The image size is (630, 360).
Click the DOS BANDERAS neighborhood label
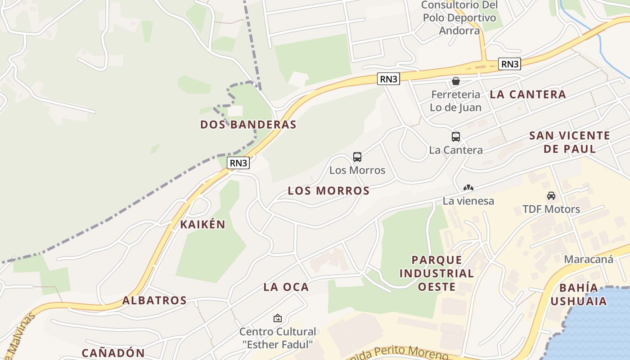(248, 125)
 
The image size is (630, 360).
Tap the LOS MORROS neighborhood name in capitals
(328, 191)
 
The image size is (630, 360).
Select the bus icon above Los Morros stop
(357, 157)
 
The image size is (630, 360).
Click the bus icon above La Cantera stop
(456, 137)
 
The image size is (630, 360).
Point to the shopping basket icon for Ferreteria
(456, 81)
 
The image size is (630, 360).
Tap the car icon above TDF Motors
(551, 196)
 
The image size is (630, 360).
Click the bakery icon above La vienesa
(468, 188)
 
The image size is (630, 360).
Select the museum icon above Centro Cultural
(278, 319)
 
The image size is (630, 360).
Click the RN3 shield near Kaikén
(238, 163)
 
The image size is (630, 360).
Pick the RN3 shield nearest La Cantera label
(509, 64)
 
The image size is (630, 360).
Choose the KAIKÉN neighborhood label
(202, 225)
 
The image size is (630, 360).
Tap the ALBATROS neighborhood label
(154, 301)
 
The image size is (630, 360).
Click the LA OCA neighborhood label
(286, 287)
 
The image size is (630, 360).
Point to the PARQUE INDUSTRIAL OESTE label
(436, 273)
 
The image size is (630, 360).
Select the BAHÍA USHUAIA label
(579, 294)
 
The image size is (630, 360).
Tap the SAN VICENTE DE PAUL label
(570, 142)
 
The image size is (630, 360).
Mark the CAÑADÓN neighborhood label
(113, 353)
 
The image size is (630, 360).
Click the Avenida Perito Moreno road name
(400, 352)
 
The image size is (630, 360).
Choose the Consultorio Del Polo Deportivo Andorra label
(459, 18)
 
